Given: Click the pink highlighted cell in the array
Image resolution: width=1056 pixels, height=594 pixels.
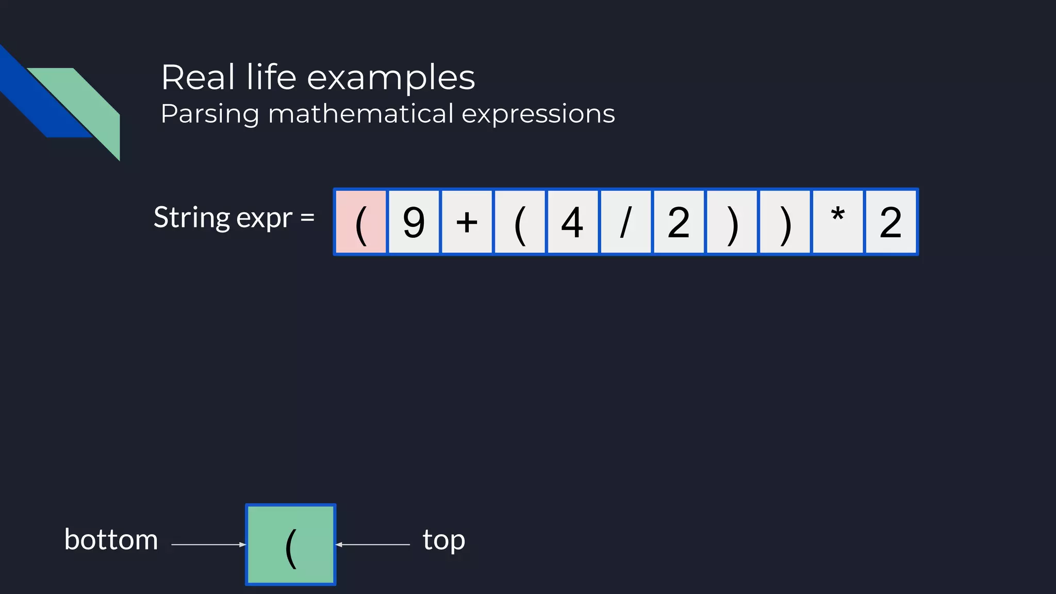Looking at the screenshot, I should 361,222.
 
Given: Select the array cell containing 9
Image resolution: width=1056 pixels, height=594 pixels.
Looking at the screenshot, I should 414,222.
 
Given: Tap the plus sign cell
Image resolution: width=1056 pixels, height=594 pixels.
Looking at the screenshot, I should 467,222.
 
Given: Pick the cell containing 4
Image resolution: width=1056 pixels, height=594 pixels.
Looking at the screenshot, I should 572,222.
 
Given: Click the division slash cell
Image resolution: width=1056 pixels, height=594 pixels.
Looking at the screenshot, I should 625,222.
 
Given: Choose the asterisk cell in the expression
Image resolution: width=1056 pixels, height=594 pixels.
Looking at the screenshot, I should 838,222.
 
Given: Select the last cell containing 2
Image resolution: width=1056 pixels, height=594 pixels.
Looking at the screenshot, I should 891,222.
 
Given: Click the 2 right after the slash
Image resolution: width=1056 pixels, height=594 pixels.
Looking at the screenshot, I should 679,222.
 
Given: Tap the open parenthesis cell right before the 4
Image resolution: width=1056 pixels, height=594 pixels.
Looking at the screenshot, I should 520,222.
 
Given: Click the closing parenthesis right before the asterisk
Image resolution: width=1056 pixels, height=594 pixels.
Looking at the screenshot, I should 785,222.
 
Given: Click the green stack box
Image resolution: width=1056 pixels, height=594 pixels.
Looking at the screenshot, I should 291,544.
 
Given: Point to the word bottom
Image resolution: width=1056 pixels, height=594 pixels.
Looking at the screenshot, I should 111,540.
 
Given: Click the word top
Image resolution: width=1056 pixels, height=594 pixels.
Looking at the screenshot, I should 444,540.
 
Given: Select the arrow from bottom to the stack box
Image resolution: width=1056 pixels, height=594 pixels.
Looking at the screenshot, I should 208,544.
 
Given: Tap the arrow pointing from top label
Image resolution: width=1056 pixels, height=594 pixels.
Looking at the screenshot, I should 372,544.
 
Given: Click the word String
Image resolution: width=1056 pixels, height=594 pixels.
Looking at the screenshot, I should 191,218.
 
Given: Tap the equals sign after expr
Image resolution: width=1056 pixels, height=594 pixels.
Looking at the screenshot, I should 307,218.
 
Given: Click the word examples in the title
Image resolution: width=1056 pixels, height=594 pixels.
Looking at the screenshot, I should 391,78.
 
